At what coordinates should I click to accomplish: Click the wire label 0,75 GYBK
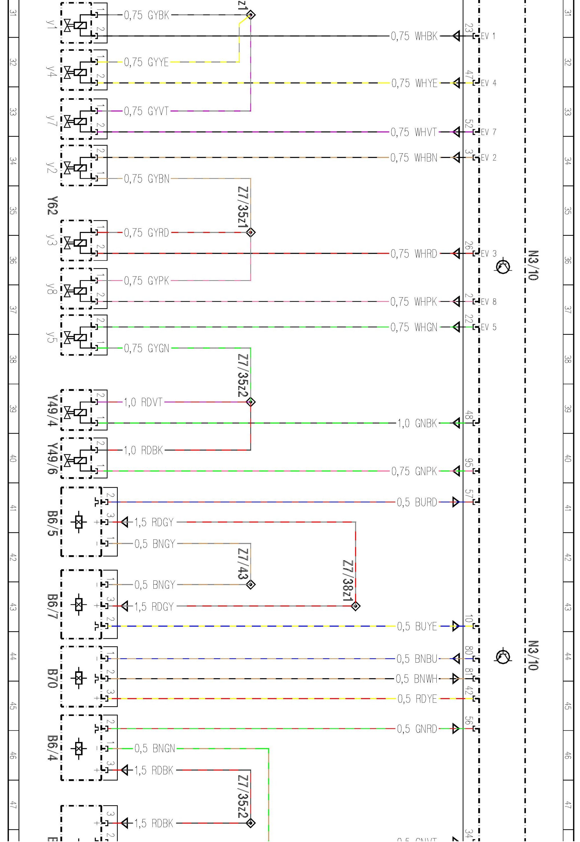pos(146,15)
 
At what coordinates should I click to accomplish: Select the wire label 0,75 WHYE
pos(414,83)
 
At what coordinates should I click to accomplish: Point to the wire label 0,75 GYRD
pos(146,233)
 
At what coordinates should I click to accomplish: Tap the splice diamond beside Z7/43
pos(251,585)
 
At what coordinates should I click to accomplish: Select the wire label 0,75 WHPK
pos(414,302)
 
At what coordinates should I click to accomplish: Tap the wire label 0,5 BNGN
pos(155,749)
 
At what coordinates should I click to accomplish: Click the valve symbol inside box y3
pos(68,242)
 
